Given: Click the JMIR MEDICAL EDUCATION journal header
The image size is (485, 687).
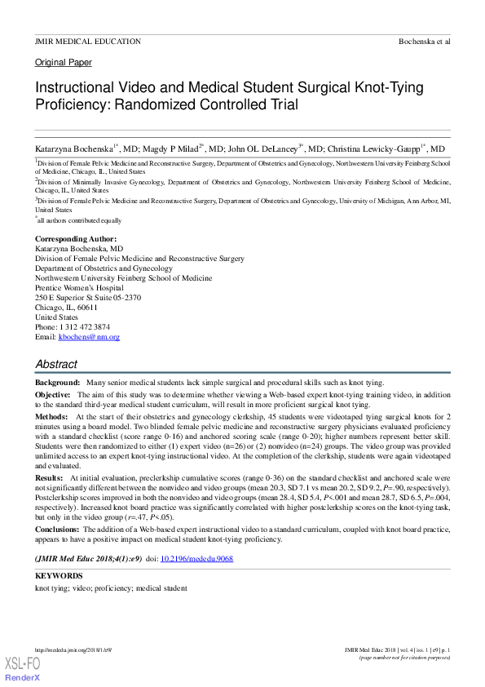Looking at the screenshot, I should click(87, 41).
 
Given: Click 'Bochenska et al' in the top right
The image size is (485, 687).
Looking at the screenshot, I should click(424, 41).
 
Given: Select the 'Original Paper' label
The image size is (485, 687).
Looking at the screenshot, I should click(64, 62).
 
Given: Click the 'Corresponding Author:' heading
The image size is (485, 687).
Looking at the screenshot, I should click(76, 238).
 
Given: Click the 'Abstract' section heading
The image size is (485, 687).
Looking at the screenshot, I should click(56, 364).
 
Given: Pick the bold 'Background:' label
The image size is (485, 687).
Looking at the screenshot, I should click(57, 382).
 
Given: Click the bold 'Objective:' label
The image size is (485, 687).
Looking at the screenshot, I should click(53, 394).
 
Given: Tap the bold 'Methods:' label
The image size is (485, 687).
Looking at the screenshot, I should click(51, 416).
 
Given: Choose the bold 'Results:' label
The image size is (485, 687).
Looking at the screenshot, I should click(49, 476).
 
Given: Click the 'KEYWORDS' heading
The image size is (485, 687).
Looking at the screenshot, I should click(59, 576).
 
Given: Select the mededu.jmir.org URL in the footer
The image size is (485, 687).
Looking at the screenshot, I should click(73, 649).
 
